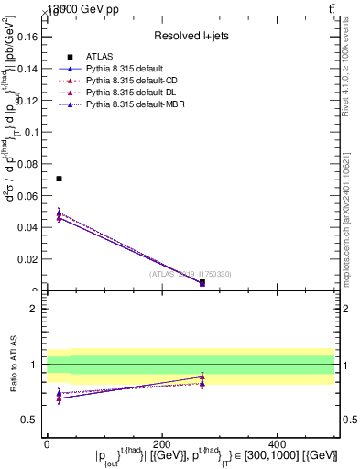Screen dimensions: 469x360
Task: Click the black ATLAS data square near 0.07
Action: click(x=59, y=179)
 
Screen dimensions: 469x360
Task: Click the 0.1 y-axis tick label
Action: click(x=32, y=132)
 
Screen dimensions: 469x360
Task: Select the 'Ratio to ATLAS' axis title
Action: click(x=14, y=364)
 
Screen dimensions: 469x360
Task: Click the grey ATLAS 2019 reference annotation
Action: click(x=191, y=274)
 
